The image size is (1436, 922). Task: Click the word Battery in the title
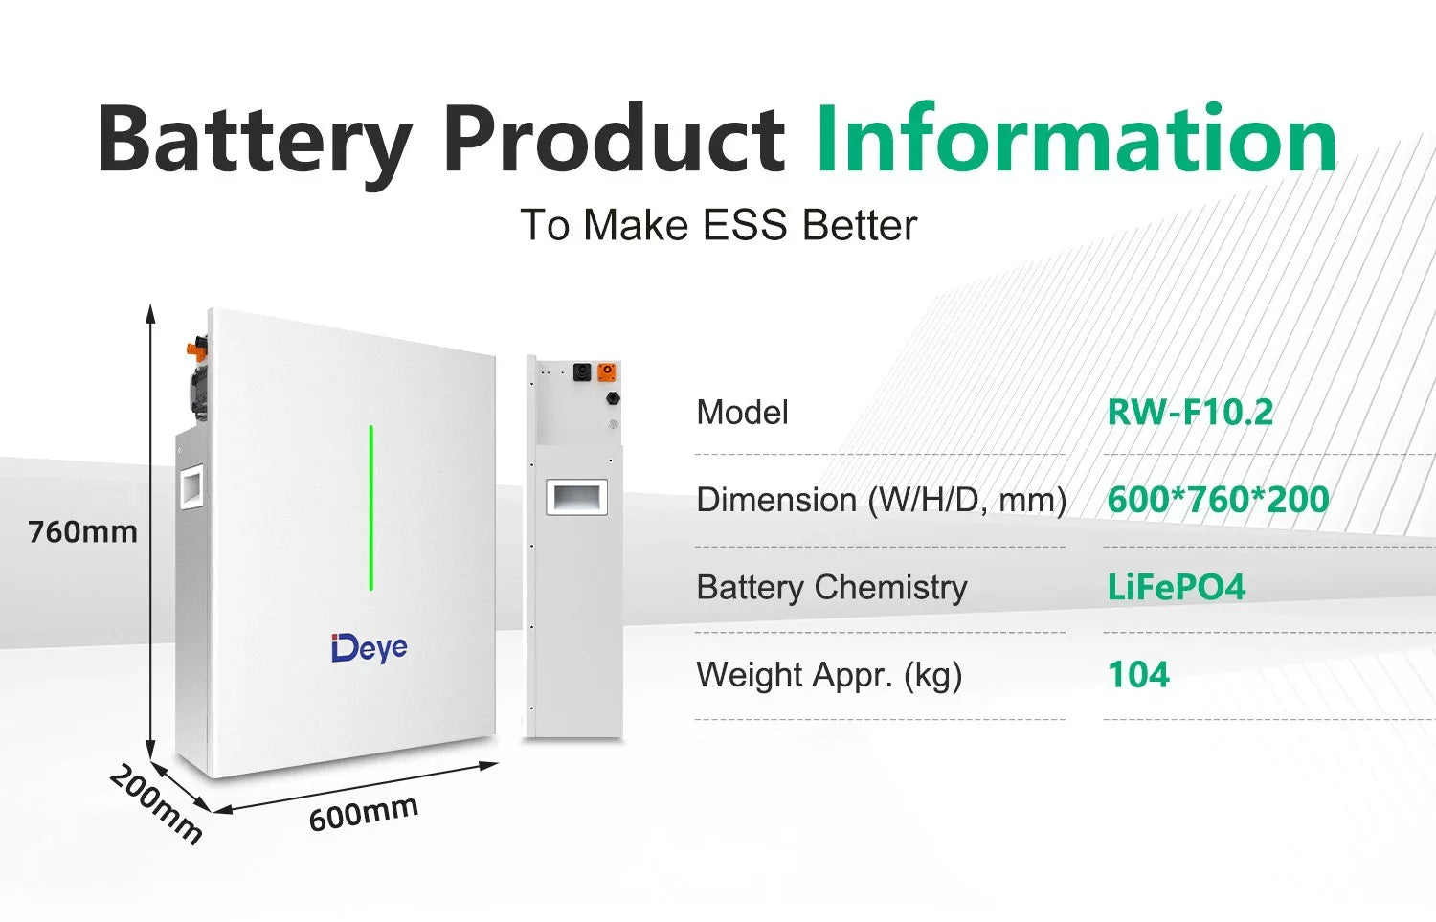click(254, 142)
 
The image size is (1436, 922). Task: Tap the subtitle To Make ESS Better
click(718, 226)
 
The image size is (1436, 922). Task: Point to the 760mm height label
click(82, 532)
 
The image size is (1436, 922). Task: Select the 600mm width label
click(363, 813)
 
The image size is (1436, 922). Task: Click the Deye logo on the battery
click(369, 648)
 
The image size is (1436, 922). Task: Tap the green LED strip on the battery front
click(371, 507)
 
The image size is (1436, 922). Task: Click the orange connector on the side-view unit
click(607, 371)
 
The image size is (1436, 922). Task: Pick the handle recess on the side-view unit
click(576, 498)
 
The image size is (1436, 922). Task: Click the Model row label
click(742, 413)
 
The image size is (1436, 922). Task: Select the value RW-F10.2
click(1190, 413)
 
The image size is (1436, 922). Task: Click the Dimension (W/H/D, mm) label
click(881, 500)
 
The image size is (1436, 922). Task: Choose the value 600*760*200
click(1218, 500)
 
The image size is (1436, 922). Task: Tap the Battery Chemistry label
click(831, 587)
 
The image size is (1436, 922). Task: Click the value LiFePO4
click(1176, 587)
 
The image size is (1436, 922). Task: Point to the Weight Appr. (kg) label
click(829, 675)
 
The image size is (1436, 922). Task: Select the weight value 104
click(1138, 675)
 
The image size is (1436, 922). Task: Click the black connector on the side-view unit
click(581, 371)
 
